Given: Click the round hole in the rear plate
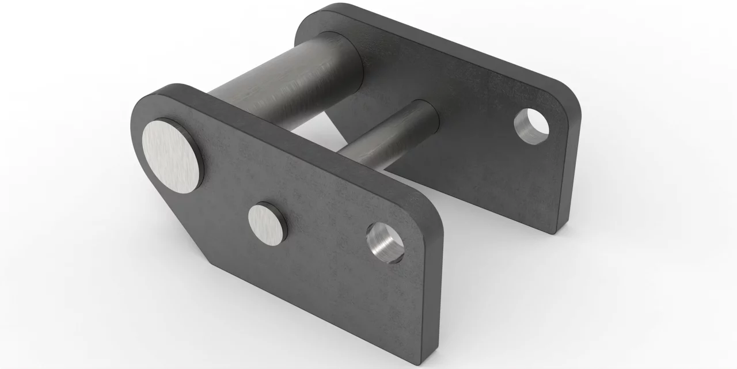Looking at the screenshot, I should point(531,124).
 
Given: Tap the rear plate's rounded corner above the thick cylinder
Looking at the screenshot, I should point(322,12).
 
